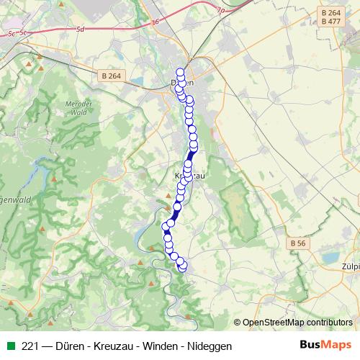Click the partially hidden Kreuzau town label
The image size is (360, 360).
point(189,176)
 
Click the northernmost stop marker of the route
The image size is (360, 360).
point(180,71)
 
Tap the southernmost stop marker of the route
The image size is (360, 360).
point(181,268)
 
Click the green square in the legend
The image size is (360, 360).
point(11,346)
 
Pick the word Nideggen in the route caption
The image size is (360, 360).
point(209,346)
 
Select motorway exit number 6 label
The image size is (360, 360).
point(155,22)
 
